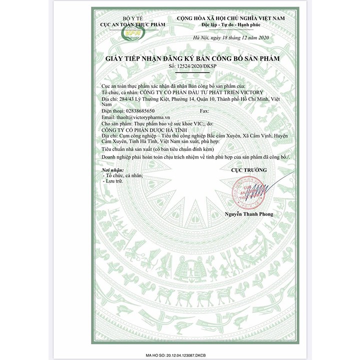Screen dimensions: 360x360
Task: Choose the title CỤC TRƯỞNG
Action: [248, 170]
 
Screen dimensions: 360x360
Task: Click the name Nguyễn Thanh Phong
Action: [249, 214]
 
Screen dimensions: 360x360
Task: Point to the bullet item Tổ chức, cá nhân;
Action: [123, 175]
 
